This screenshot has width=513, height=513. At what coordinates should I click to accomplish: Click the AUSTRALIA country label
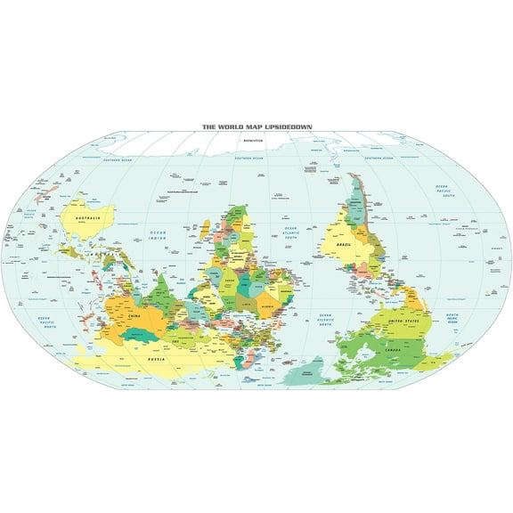pyautogui.click(x=86, y=218)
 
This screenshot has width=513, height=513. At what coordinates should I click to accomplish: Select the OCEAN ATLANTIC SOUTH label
pyautogui.click(x=290, y=233)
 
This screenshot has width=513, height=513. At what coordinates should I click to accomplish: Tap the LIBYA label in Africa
pyautogui.click(x=250, y=305)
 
